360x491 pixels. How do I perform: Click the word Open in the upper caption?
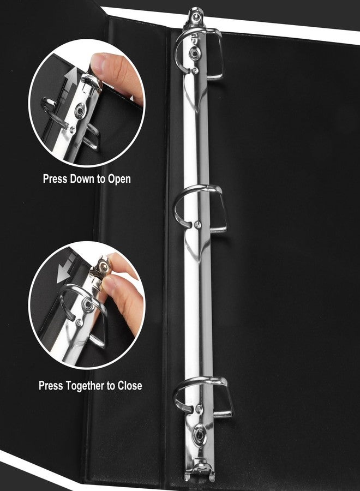pyautogui.click(x=119, y=179)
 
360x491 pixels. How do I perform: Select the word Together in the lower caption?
pyautogui.click(x=89, y=386)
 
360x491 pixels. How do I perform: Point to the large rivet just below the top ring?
pyautogui.click(x=194, y=54)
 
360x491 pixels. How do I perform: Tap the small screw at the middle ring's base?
pyautogui.click(x=197, y=224)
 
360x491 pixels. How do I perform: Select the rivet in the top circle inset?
pyautogui.click(x=80, y=110)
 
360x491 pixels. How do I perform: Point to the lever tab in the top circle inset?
pyautogui.click(x=92, y=82)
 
